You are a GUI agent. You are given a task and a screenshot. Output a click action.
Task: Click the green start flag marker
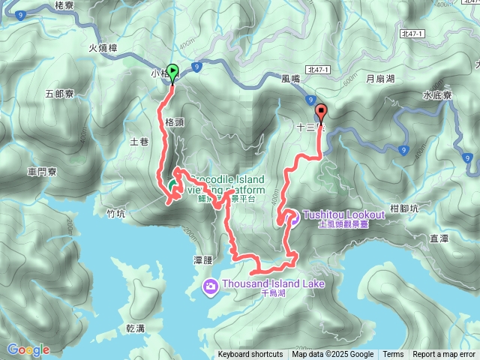[x=172, y=73]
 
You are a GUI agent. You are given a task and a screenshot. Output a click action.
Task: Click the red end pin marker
[x=322, y=113]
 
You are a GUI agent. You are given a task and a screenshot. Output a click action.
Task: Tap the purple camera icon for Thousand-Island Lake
[x=210, y=285]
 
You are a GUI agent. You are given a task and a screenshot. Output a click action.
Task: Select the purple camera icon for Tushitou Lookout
[x=292, y=216]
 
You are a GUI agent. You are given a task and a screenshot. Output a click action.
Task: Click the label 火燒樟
[x=103, y=48]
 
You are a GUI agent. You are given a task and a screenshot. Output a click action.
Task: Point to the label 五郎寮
[x=59, y=94]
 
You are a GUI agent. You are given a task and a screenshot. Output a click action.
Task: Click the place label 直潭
[x=439, y=238]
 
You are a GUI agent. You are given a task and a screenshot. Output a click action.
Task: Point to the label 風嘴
[x=290, y=77]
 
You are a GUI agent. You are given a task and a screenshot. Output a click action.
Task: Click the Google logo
[x=28, y=349]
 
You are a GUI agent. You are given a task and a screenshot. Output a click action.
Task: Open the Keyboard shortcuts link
[x=250, y=355]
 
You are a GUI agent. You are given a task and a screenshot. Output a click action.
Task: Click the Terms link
[x=393, y=355]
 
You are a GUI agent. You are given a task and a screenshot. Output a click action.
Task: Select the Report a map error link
[x=444, y=355]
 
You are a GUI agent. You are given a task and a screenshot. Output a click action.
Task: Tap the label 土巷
[x=139, y=140]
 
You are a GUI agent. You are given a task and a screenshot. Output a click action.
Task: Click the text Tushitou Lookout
[x=343, y=214]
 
